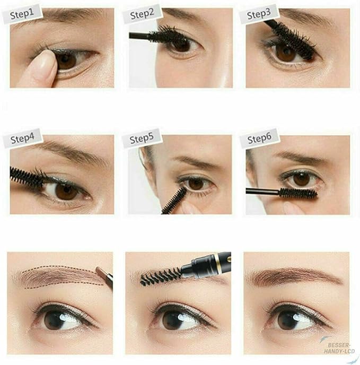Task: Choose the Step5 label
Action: [x=142, y=139]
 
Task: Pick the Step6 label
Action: [x=259, y=140]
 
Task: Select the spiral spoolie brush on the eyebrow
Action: [x=162, y=276]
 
